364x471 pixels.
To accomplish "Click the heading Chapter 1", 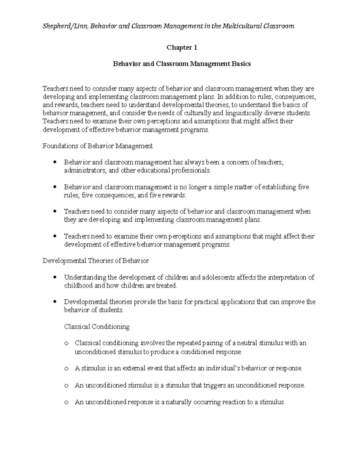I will (x=182, y=48).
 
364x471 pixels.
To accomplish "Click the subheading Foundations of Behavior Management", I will (x=98, y=146).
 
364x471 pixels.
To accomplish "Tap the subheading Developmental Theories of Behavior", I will (x=96, y=261).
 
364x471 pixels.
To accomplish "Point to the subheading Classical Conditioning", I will (x=97, y=327).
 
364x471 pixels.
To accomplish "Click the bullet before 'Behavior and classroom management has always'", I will (x=55, y=162).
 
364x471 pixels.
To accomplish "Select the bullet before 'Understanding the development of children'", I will (x=55, y=277).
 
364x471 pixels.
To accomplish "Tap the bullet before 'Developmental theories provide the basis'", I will (x=55, y=302).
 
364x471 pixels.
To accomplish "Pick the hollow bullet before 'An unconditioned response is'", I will (x=66, y=403).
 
